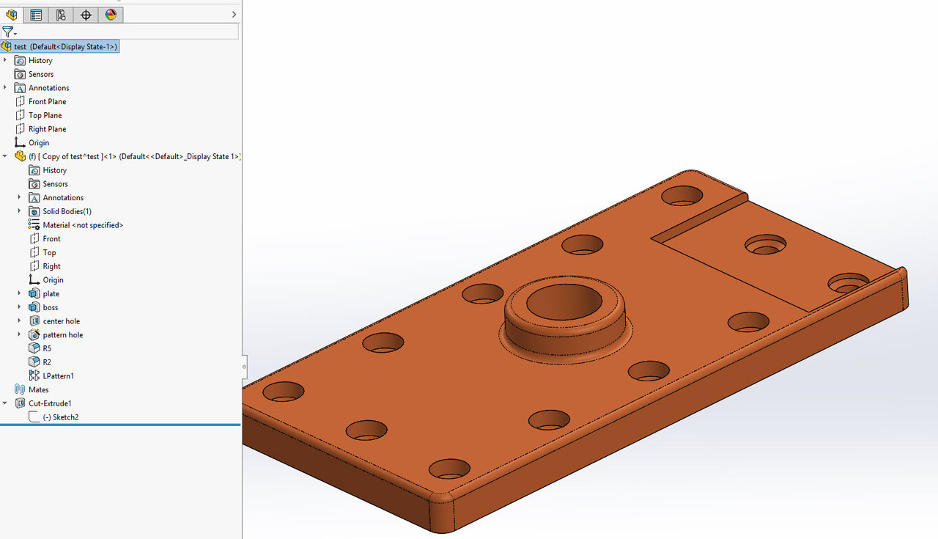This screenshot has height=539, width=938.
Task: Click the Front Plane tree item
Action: click(47, 101)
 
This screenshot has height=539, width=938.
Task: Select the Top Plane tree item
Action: click(45, 115)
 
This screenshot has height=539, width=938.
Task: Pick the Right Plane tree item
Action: click(47, 129)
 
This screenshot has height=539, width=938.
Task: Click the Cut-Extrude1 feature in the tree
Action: click(50, 403)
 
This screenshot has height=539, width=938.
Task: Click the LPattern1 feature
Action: click(58, 376)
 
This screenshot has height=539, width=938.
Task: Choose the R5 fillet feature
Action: click(47, 348)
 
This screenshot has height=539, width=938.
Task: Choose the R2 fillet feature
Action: click(47, 362)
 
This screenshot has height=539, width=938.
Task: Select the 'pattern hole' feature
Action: click(62, 335)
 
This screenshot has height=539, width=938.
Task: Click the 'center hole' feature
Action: click(61, 321)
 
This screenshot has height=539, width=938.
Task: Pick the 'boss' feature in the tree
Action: click(50, 307)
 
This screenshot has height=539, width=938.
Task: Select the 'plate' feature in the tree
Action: click(51, 294)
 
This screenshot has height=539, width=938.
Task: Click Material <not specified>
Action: click(82, 225)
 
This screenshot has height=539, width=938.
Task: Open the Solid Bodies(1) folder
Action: click(67, 211)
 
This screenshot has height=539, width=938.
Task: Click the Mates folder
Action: click(38, 390)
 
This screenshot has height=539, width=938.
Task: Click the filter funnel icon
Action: click(7, 32)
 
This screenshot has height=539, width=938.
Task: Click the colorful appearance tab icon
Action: click(111, 15)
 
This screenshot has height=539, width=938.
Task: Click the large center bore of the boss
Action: click(564, 301)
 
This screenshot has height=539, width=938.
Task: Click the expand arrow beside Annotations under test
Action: click(5, 88)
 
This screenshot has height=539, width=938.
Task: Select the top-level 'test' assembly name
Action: click(20, 47)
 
